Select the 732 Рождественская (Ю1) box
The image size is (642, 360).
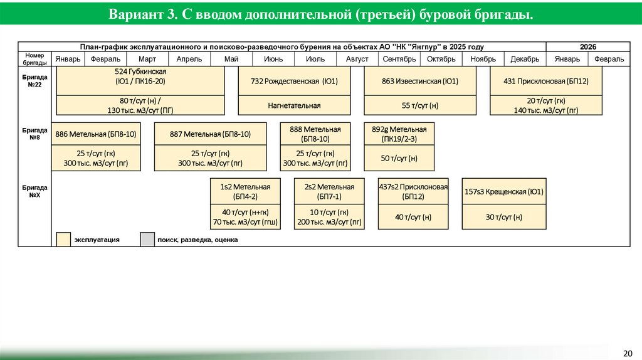pyautogui.click(x=294, y=81)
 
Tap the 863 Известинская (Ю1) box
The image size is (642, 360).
pyautogui.click(x=419, y=81)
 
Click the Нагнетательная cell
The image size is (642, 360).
pyautogui.click(x=294, y=105)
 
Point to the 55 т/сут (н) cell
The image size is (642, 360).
pyautogui.click(x=419, y=105)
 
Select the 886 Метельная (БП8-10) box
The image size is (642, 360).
pyautogui.click(x=96, y=134)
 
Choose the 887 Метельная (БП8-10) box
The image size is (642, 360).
pyautogui.click(x=210, y=134)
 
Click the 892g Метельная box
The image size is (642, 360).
pyautogui.click(x=399, y=134)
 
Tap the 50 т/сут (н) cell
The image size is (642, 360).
pyautogui.click(x=399, y=159)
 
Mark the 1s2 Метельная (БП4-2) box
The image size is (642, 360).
pyautogui.click(x=245, y=191)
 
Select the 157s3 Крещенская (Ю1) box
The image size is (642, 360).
pyautogui.click(x=503, y=191)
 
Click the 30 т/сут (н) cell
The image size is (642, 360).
pyautogui.click(x=503, y=217)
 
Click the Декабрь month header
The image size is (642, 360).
pyautogui.click(x=525, y=59)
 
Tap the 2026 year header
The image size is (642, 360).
pyautogui.click(x=587, y=47)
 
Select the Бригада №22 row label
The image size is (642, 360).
pyautogui.click(x=34, y=80)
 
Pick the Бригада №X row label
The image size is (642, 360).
pyautogui.click(x=34, y=191)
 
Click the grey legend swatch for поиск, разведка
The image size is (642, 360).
pyautogui.click(x=147, y=240)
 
